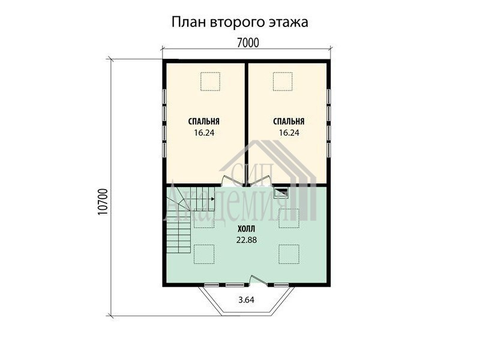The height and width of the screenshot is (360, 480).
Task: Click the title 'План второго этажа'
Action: [x=239, y=23]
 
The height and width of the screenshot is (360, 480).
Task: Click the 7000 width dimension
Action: [x=248, y=43]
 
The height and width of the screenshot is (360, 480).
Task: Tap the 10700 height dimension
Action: [x=103, y=202]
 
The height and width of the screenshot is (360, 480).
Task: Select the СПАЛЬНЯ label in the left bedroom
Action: [x=204, y=122]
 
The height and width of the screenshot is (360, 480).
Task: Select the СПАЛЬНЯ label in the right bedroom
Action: [x=289, y=122]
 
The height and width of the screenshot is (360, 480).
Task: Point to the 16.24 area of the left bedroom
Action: [x=204, y=133]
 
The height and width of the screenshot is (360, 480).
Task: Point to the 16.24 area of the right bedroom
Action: [x=289, y=133]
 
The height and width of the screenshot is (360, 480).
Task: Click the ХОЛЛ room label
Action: [x=247, y=229]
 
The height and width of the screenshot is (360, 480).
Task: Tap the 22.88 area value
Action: [x=247, y=240]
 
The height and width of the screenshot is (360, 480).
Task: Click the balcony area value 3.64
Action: [x=247, y=299]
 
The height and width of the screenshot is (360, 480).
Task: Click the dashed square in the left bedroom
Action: [x=211, y=82]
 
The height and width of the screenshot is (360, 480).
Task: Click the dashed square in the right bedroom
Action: [x=283, y=82]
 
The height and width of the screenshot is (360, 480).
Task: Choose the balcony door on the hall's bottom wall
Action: [x=258, y=280]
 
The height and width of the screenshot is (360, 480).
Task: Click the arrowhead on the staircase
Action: [x=212, y=199]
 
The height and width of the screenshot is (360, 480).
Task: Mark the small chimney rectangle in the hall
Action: [x=281, y=193]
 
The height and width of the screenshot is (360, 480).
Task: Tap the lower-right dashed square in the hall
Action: [x=289, y=254]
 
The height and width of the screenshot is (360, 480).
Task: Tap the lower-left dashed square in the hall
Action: [x=204, y=254]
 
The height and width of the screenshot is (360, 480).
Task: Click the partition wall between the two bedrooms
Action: [x=246, y=124]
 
